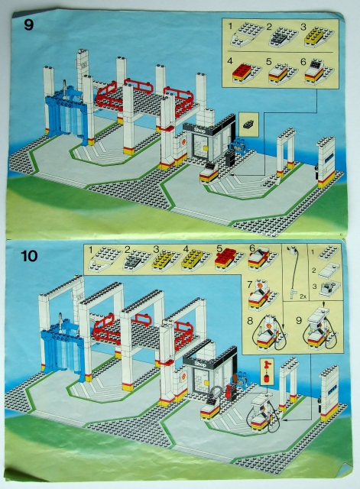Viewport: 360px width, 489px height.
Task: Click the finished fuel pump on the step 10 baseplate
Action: coord(259,416)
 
